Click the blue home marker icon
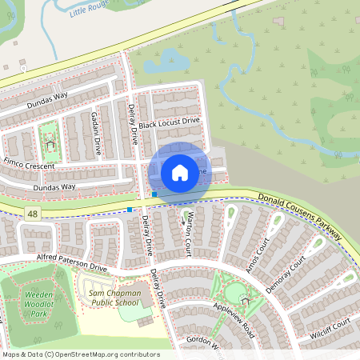click(x=180, y=172)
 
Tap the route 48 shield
click(x=32, y=214)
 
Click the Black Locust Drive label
click(x=168, y=125)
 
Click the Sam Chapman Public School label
click(x=114, y=298)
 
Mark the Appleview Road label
click(x=233, y=315)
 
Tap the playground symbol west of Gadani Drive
click(x=50, y=145)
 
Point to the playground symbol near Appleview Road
click(x=244, y=298)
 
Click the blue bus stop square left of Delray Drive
click(x=130, y=210)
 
